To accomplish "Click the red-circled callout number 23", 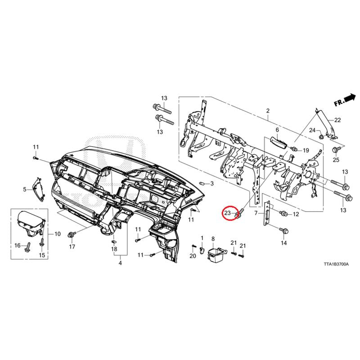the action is pos(227,213).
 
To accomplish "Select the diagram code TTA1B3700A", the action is pos(336,264).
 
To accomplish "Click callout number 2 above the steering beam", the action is pos(268,111).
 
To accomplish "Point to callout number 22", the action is pos(337,120).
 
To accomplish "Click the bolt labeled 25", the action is pos(336,150).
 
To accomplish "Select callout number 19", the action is pos(306,151).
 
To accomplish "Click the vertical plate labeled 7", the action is pos(267,213).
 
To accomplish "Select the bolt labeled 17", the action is pos(72,234).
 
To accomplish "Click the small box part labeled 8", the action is pos(216,254).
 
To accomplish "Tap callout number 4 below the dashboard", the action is pos(120,263).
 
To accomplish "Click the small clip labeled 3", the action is pos(202,184).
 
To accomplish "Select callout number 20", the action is pos(193,256).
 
